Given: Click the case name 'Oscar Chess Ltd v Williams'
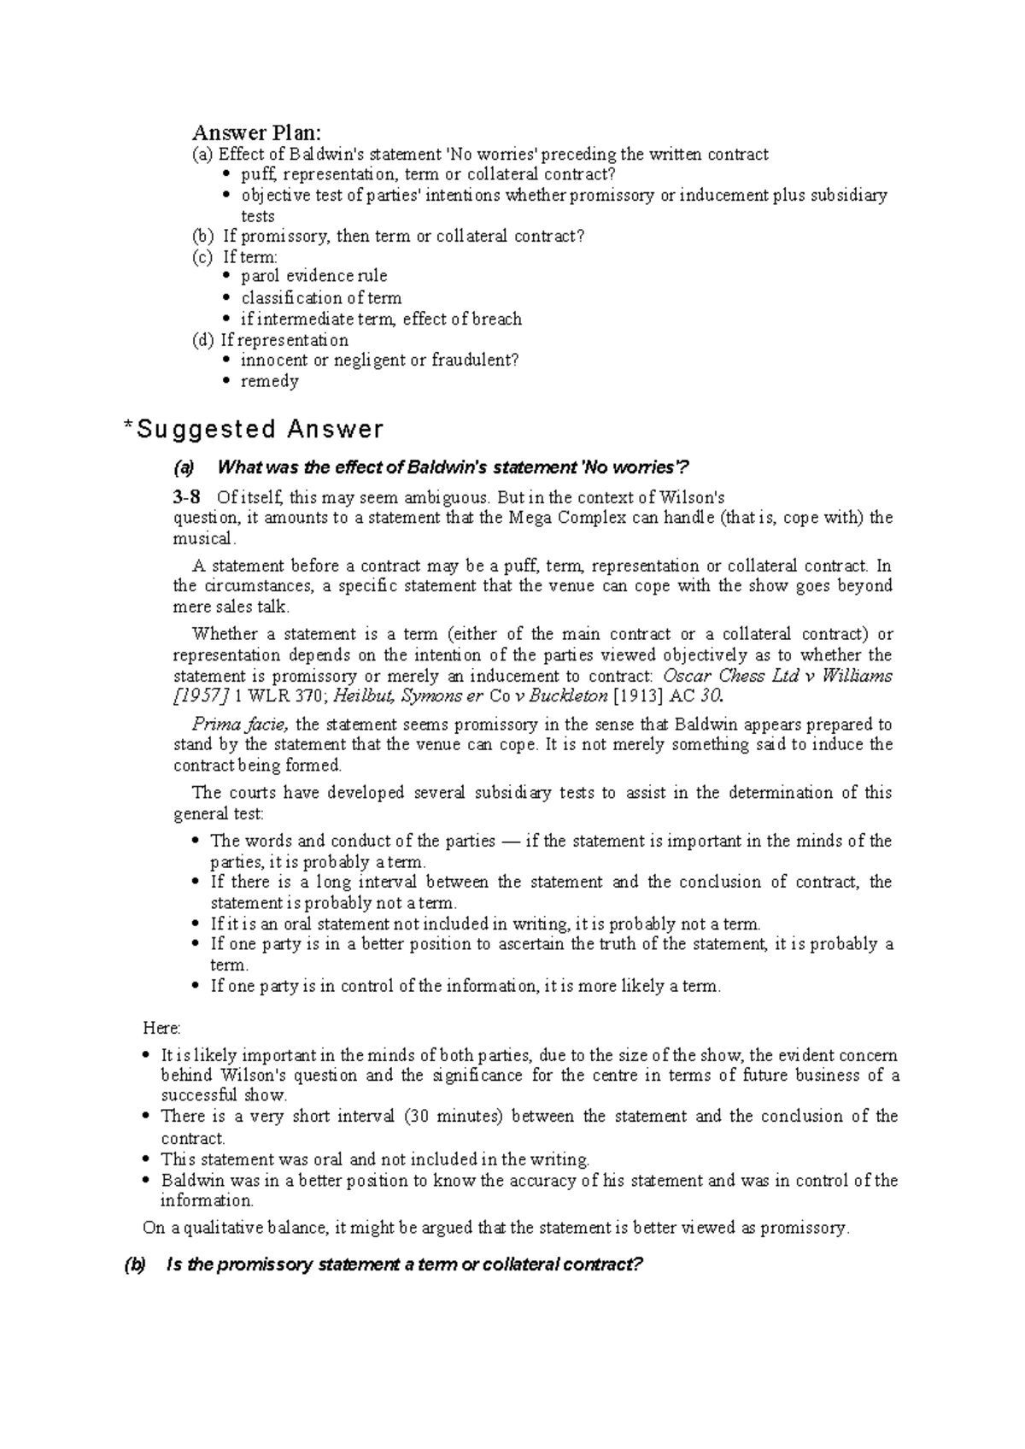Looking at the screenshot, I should point(777,676).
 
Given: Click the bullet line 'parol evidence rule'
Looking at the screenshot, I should point(314,276).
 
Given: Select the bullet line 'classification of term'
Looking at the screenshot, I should point(321,297).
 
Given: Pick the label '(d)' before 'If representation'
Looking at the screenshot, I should point(203,340).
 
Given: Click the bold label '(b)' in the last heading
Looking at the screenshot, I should point(135,1265).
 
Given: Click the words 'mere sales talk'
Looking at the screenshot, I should point(231,607).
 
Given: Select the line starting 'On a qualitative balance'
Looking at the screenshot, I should point(495,1229).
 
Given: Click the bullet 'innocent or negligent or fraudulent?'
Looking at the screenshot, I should point(379,361).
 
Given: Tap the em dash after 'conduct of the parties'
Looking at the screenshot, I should point(510,842).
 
